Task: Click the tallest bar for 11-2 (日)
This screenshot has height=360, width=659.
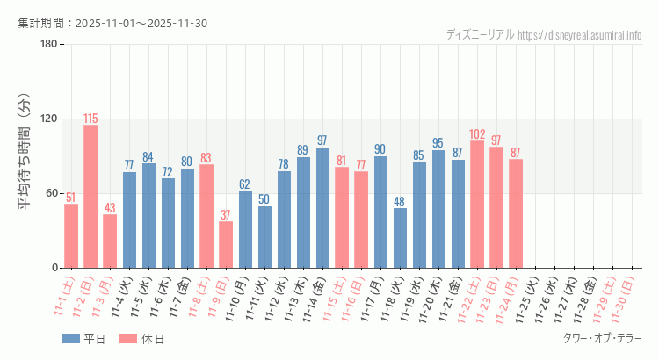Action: coord(91,197)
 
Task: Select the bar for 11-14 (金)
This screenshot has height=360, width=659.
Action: coord(322,208)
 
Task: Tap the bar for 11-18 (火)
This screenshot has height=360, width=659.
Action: coord(400,238)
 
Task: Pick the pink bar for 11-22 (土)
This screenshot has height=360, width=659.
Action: coord(477,205)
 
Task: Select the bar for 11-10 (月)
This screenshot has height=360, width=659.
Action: coord(245,229)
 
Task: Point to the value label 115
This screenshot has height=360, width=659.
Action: coord(91,119)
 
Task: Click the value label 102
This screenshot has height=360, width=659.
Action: coord(477,134)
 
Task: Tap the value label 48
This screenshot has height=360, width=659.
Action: coord(400,201)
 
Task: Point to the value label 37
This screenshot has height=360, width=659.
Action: coord(226,215)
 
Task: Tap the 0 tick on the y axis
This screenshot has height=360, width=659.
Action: coord(54,268)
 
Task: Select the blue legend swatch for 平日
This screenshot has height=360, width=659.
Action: coord(71,338)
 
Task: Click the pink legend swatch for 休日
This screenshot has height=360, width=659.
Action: coord(127,338)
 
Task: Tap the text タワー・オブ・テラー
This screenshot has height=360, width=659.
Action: coord(602,338)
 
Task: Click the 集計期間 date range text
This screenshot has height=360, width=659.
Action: coord(112,23)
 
